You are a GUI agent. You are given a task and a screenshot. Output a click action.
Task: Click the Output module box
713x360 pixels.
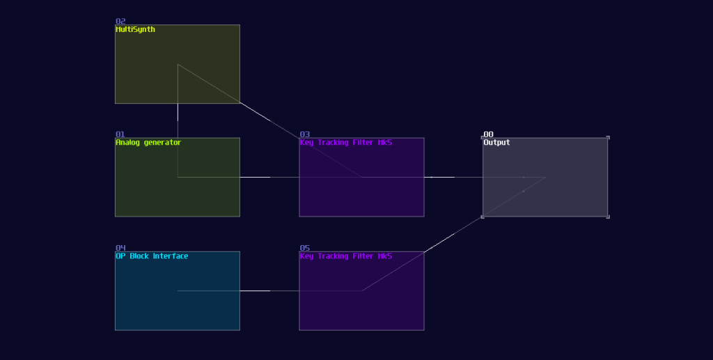(571, 198)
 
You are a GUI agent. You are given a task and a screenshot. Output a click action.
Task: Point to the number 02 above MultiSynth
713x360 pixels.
(120, 22)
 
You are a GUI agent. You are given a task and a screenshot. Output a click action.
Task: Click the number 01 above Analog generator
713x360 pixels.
(120, 134)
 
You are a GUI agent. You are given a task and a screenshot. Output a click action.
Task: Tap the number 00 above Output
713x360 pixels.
(488, 134)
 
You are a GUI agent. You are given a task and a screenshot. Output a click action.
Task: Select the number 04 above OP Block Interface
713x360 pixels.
(120, 248)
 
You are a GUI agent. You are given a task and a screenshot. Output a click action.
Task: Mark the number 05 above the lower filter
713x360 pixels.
(304, 248)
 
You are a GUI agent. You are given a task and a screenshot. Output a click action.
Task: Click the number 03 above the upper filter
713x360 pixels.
(304, 134)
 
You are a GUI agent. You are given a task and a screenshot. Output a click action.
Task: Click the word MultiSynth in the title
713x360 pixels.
(135, 29)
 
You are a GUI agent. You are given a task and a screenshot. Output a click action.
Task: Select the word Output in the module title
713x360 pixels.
(496, 143)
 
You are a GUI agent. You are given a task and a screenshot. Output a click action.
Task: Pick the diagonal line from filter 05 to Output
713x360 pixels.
(453, 234)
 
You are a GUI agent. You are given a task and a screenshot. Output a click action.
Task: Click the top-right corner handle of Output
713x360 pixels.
(608, 138)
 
